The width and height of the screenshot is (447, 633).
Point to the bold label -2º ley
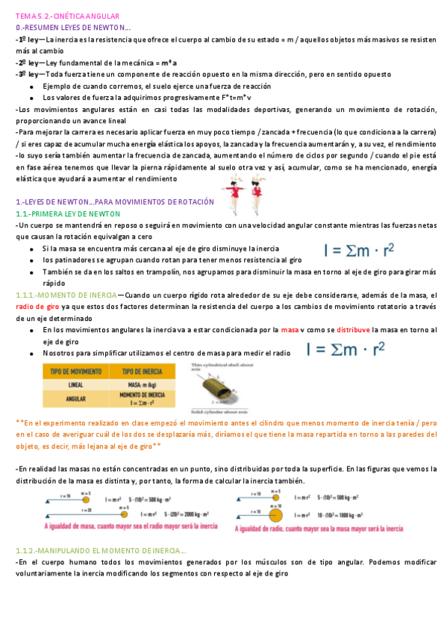click(x=29, y=63)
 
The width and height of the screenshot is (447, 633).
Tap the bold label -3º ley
click(x=29, y=75)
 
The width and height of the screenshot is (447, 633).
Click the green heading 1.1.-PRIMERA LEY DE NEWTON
click(x=67, y=213)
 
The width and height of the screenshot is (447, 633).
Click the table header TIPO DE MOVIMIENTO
click(x=75, y=371)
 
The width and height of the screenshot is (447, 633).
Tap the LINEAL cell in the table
click(x=75, y=385)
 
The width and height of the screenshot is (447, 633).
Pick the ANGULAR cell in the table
click(x=75, y=399)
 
